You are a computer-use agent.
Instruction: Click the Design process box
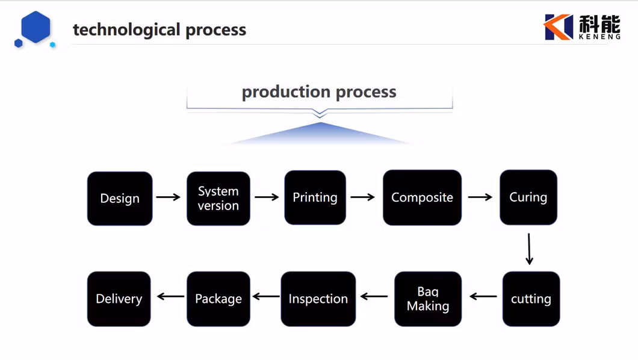(x=120, y=199)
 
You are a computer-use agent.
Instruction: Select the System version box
(x=218, y=199)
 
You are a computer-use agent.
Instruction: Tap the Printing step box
(x=315, y=197)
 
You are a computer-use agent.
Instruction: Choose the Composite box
(x=422, y=197)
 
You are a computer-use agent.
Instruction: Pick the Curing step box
(x=528, y=197)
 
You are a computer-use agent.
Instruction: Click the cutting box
(x=531, y=299)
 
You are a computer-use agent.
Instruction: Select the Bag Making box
(x=428, y=299)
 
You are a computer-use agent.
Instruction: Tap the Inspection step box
(x=318, y=299)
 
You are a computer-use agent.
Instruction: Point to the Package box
(x=218, y=299)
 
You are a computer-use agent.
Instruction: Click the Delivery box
(x=119, y=299)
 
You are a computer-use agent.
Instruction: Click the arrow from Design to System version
(x=169, y=197)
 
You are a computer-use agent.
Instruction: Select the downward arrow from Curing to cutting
(x=529, y=249)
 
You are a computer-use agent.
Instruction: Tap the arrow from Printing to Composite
(x=363, y=197)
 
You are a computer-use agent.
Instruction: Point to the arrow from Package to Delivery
(x=171, y=296)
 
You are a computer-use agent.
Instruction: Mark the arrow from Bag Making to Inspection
(x=374, y=296)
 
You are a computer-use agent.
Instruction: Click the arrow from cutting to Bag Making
(x=483, y=296)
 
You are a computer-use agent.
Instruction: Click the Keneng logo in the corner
(x=581, y=27)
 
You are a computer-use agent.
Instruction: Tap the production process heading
(x=319, y=92)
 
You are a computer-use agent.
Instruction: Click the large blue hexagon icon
(x=36, y=27)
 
